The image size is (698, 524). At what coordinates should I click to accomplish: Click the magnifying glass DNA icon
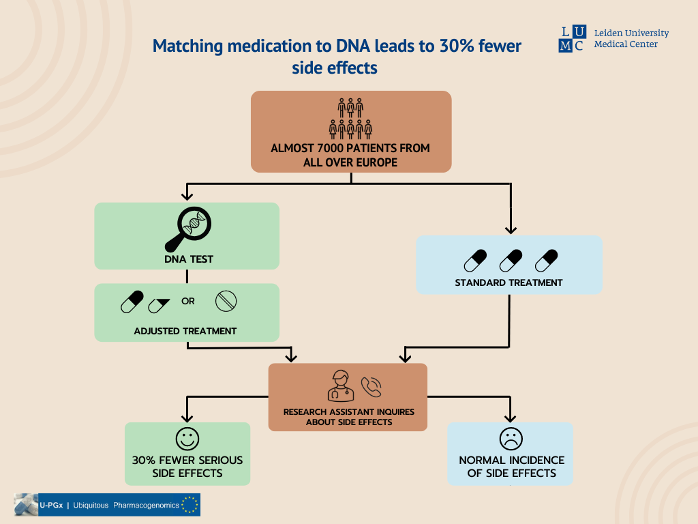(x=188, y=228)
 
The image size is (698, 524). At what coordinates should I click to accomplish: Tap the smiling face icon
(x=187, y=438)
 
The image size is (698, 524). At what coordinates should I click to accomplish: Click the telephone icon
(x=371, y=387)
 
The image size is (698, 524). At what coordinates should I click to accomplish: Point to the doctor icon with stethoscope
(x=341, y=385)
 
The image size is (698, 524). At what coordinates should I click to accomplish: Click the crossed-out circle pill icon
(x=226, y=301)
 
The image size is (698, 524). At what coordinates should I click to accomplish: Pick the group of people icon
(x=350, y=119)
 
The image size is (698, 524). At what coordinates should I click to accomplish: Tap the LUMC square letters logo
(x=572, y=39)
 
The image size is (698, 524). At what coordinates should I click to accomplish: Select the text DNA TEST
(x=187, y=259)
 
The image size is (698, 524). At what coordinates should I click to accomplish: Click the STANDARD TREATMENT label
(x=509, y=282)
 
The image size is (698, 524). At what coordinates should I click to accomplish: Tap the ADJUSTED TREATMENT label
(x=185, y=331)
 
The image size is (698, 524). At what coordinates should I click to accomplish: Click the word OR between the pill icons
(x=188, y=301)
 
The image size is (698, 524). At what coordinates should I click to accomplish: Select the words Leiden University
(x=631, y=33)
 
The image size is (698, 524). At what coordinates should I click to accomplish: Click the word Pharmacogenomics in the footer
(x=147, y=505)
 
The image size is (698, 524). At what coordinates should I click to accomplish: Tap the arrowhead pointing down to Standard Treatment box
(x=511, y=229)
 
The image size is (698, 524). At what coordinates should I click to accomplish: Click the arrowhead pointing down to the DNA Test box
(x=187, y=196)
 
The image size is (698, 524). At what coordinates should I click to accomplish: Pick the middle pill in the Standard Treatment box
(x=511, y=260)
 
